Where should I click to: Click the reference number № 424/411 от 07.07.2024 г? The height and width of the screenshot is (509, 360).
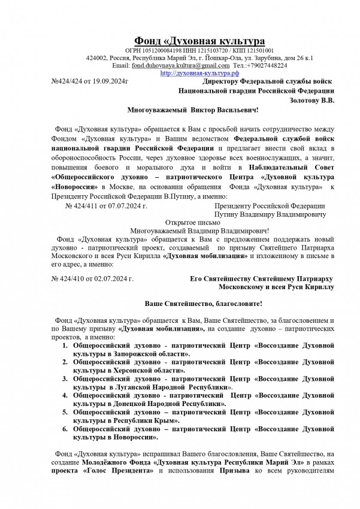103,205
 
